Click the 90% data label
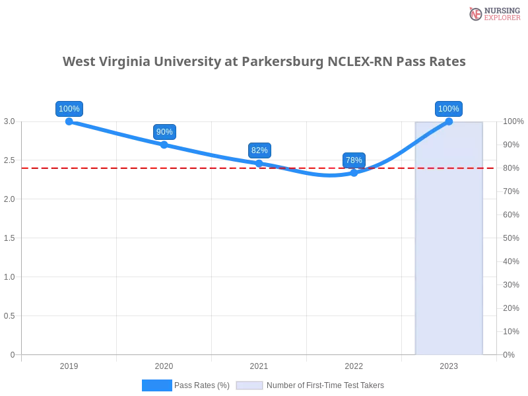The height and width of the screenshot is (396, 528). coord(164,132)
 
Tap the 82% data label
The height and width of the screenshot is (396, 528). coord(259,150)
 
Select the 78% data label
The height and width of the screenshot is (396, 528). coord(354,160)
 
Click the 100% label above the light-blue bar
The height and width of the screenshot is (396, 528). coord(449,109)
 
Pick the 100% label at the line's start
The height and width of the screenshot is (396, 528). coord(69,109)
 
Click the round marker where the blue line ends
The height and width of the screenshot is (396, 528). coord(449,121)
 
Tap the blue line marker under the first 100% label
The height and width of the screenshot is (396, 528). coord(69,121)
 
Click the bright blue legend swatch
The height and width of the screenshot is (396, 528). coord(157,385)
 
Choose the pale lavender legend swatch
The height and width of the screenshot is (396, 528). coord(249,385)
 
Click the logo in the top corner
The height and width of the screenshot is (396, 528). coord(493,13)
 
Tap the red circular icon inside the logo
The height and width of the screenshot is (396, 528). coord(476,14)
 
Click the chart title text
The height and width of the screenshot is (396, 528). coord(264,61)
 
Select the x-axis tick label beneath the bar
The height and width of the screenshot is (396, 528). coord(449,364)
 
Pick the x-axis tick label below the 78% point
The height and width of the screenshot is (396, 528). coord(354,364)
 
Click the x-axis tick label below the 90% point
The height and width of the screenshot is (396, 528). coord(164,364)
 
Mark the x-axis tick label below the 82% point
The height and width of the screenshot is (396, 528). coord(259,364)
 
